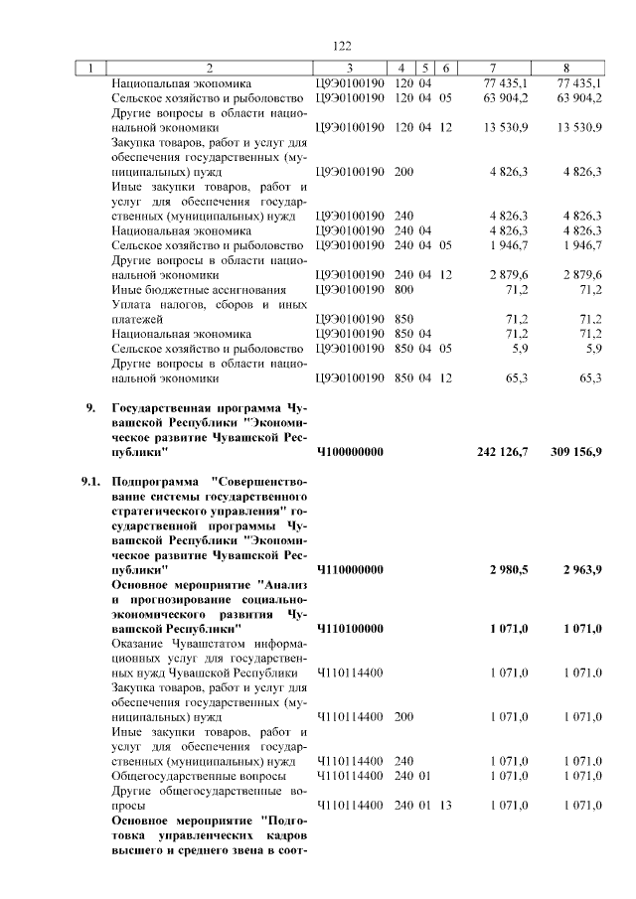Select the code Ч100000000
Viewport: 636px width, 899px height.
pyautogui.click(x=349, y=452)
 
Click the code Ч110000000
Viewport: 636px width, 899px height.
pyautogui.click(x=349, y=572)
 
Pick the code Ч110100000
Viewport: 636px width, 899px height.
pyautogui.click(x=349, y=630)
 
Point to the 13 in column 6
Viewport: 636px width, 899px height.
pyautogui.click(x=445, y=806)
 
